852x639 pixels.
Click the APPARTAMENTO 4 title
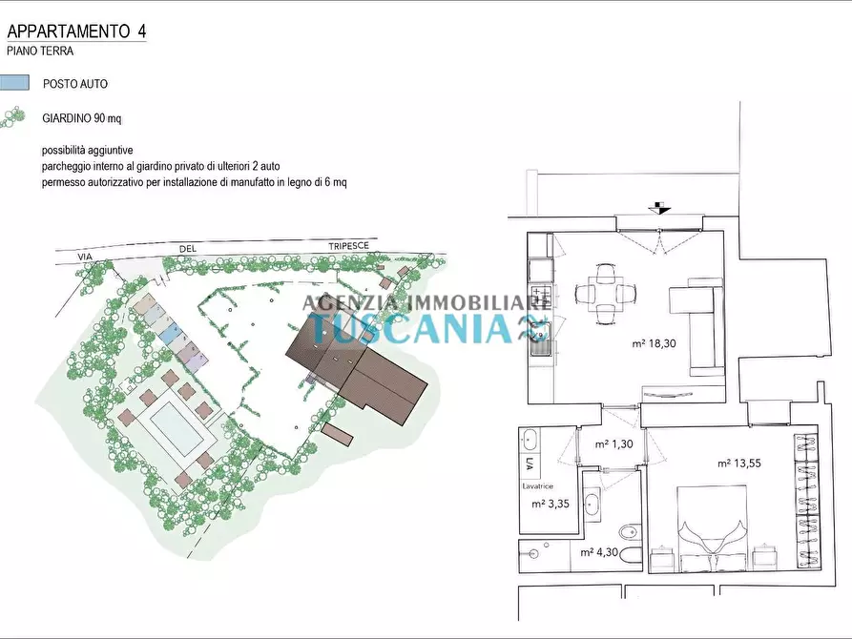[76, 31]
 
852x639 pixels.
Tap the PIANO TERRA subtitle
[40, 52]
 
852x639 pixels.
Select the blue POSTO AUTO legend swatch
[14, 83]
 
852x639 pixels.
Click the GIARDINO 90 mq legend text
[82, 118]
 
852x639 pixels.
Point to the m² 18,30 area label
[655, 343]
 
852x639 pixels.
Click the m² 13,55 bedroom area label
[739, 464]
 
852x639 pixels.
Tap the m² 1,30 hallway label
[614, 443]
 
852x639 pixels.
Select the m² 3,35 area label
[551, 504]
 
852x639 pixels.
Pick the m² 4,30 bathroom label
[599, 552]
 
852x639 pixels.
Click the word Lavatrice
[537, 486]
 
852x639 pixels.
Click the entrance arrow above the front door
[660, 208]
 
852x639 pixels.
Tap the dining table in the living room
[605, 294]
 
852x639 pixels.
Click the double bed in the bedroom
[711, 528]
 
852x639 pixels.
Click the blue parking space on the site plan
[170, 332]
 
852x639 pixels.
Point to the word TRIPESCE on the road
[348, 246]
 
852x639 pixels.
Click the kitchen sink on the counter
[541, 338]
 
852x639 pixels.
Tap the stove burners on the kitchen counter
[541, 297]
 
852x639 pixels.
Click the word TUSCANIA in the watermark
[413, 328]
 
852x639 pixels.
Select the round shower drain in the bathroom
[533, 554]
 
